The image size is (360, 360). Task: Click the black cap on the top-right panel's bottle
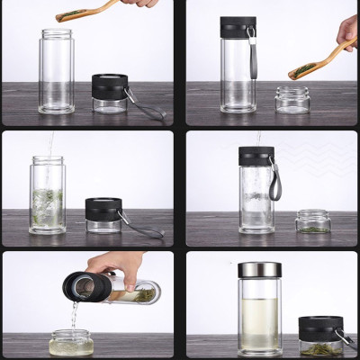pos(238,27)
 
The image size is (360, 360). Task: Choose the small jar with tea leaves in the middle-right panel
pos(312,221)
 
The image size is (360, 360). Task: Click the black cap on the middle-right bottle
pos(256,156)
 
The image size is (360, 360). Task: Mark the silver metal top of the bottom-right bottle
pos(258,271)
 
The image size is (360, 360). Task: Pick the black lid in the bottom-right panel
pos(319,326)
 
